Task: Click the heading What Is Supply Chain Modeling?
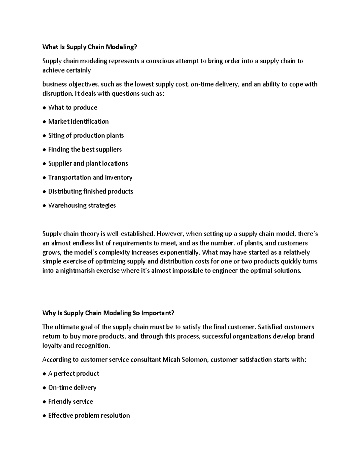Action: coord(89,47)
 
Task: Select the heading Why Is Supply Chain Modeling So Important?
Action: coord(108,313)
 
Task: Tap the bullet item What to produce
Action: coord(73,107)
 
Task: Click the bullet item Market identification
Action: coord(78,122)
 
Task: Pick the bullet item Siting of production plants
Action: coord(86,135)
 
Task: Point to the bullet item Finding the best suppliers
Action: coord(85,149)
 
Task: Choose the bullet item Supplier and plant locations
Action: coord(88,163)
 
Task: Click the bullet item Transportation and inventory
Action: coord(90,177)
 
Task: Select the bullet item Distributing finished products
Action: coord(91,191)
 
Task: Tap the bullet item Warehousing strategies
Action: coord(82,205)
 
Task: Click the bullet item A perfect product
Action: coord(73,374)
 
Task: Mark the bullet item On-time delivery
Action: coord(72,387)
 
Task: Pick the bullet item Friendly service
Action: coord(70,401)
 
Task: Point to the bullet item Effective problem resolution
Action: coord(89,415)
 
